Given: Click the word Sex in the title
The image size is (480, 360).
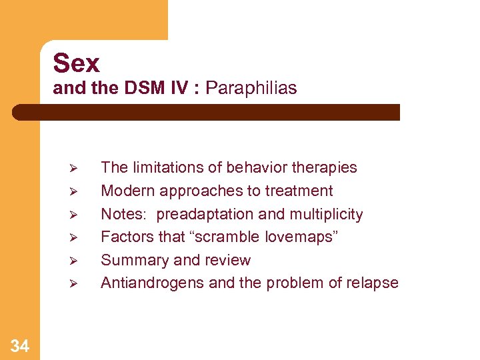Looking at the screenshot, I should coord(76,63).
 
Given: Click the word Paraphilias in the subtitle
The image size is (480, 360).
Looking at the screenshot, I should coord(251,88).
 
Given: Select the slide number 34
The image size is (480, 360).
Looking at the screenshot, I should coord(20,345).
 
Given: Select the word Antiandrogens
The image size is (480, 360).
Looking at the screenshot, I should coord(153,283).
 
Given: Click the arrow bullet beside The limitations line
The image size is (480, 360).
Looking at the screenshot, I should coord(74,168).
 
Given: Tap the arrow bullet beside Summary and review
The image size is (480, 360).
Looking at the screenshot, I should coord(74,261).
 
